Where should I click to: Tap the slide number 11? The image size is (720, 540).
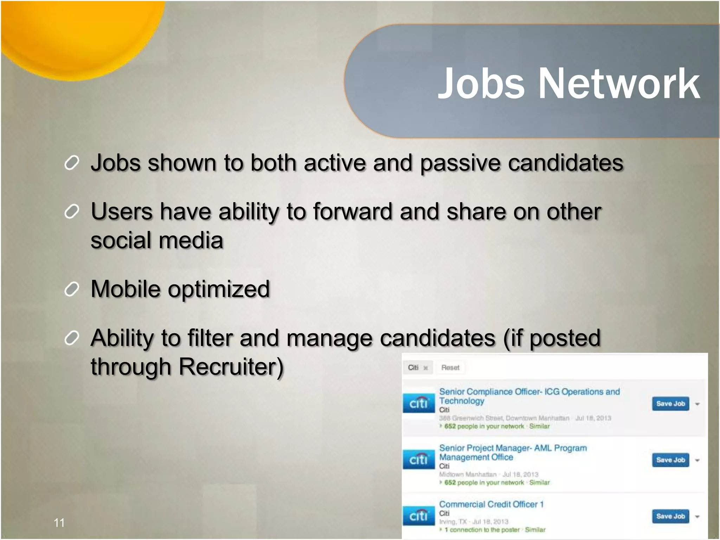click(59, 523)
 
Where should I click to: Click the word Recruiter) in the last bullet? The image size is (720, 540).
click(231, 367)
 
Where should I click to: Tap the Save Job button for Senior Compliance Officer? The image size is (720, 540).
click(670, 404)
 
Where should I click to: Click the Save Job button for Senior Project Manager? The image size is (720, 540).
click(670, 460)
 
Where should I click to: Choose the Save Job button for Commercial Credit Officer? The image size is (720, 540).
click(670, 516)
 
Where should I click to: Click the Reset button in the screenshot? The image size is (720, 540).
click(450, 367)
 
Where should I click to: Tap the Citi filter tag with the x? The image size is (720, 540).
click(417, 367)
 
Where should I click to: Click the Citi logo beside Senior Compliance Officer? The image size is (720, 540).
click(418, 403)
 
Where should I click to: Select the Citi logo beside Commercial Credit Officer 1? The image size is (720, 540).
click(418, 516)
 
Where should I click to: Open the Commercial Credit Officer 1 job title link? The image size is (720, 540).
click(491, 504)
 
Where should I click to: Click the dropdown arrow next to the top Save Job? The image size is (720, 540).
click(697, 404)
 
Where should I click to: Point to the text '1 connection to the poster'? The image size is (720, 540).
click(482, 529)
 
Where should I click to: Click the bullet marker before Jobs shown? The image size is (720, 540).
click(72, 163)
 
